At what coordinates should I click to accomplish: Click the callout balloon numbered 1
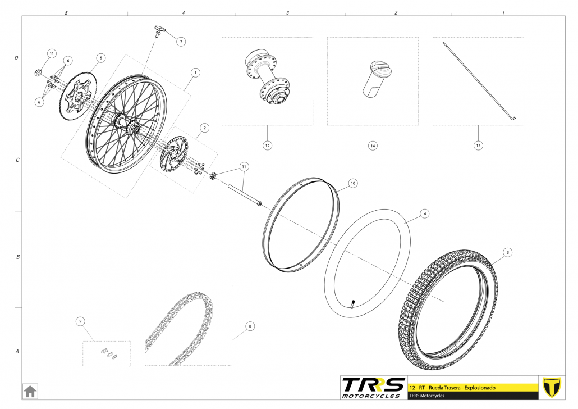[x=195, y=72]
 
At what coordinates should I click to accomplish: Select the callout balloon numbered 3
[x=507, y=252]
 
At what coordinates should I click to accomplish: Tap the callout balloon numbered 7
[x=181, y=42]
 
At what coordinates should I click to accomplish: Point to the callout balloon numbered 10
[x=352, y=183]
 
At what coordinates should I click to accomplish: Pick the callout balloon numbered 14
[x=373, y=145]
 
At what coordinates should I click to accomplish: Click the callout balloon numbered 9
[x=80, y=321]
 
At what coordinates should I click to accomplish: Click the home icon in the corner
[x=30, y=390]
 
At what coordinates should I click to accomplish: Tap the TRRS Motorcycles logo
[x=373, y=387]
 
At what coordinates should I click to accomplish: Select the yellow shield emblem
[x=552, y=387]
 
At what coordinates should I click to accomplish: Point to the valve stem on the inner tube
[x=354, y=305]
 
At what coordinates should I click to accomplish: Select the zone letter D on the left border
[x=16, y=58]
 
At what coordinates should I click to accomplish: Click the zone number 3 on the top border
[x=287, y=12]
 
